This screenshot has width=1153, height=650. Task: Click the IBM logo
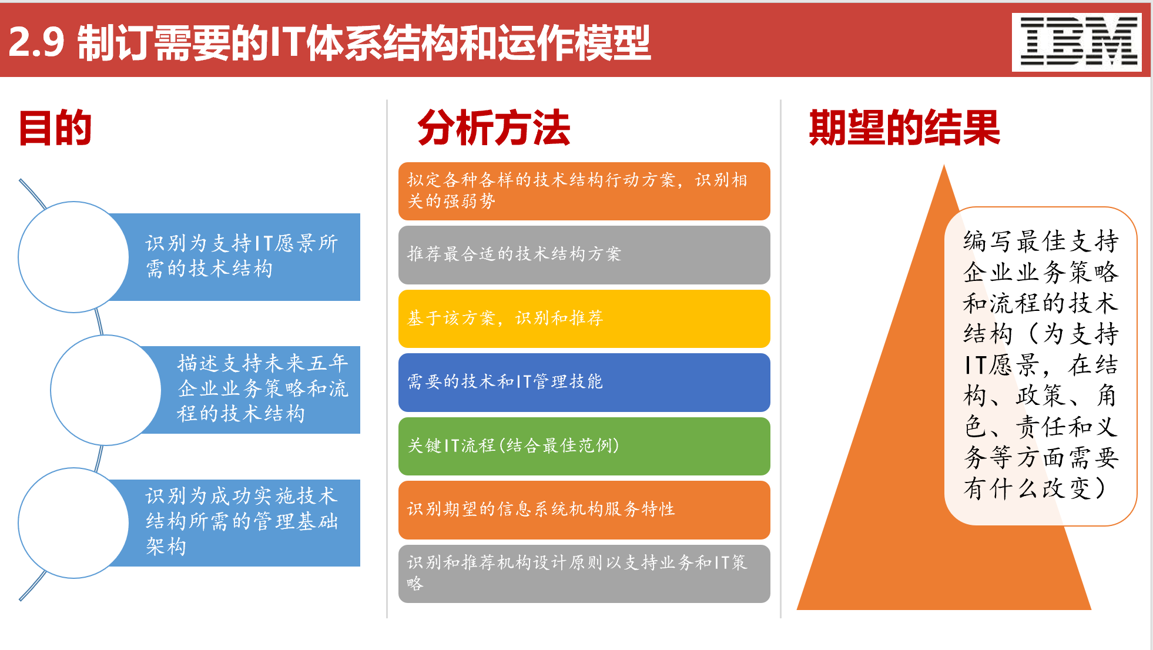1077,42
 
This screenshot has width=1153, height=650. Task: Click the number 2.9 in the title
36,42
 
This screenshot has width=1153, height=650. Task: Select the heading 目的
55,128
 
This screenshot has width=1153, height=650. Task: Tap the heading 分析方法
494,128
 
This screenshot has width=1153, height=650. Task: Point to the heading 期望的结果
904,128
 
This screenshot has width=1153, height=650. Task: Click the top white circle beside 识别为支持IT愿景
73,257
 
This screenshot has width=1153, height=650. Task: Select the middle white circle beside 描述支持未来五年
106,390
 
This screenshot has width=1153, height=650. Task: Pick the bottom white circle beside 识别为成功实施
73,522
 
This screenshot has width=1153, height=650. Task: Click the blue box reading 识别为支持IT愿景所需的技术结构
241,257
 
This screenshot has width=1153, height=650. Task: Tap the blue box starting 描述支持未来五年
262,389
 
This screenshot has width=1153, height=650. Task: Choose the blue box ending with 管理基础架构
241,522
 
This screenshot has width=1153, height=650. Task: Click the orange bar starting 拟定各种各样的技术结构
584,191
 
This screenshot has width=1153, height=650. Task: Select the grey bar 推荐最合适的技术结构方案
584,254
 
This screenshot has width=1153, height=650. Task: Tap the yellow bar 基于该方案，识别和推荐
584,319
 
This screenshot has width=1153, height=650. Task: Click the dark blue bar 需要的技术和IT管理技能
584,382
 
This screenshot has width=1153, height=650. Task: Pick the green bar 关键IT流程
584,446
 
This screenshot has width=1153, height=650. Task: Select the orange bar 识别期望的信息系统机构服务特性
584,510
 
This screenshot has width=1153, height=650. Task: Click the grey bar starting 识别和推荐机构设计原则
584,573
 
